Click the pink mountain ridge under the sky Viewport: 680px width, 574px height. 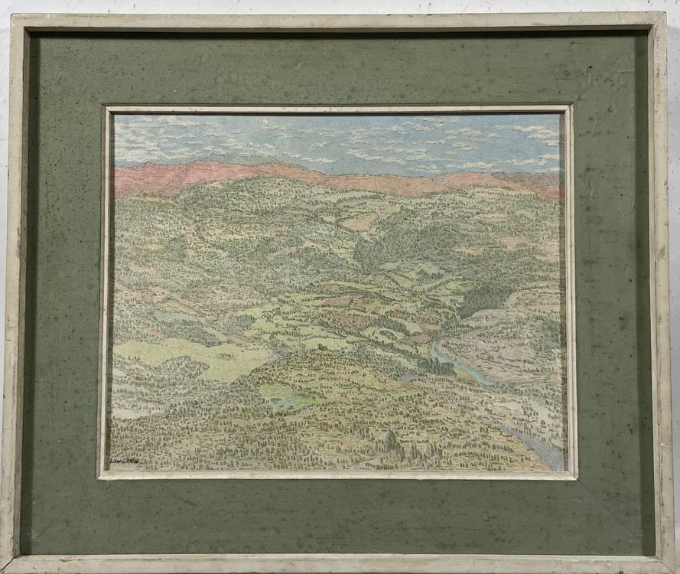pos(229,175)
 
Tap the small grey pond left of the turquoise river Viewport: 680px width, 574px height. pos(409,377)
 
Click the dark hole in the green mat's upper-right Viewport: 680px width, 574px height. pos(589,70)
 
